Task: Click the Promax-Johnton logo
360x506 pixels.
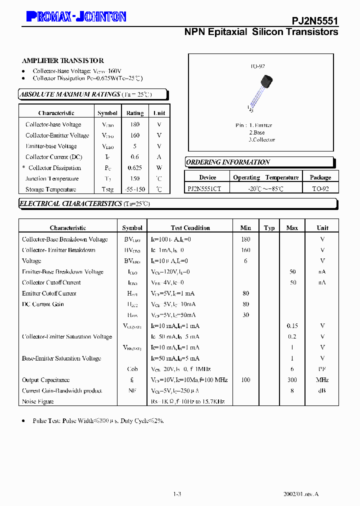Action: (x=75, y=17)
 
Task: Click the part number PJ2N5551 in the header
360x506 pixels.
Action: (x=314, y=20)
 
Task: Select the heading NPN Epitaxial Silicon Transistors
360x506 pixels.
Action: (x=261, y=32)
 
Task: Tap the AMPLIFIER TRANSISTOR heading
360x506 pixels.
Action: (x=63, y=60)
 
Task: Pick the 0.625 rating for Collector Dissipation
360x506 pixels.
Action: (x=134, y=168)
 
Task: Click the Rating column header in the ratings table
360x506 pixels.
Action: (x=134, y=113)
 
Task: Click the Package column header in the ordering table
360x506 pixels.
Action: (x=320, y=177)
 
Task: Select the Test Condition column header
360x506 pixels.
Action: (x=190, y=228)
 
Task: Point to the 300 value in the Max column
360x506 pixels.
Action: (x=292, y=380)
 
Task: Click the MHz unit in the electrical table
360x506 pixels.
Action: (x=322, y=380)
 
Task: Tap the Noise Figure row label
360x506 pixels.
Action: (x=38, y=401)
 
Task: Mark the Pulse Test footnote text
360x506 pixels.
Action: (x=98, y=421)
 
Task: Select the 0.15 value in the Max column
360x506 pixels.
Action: (x=292, y=326)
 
